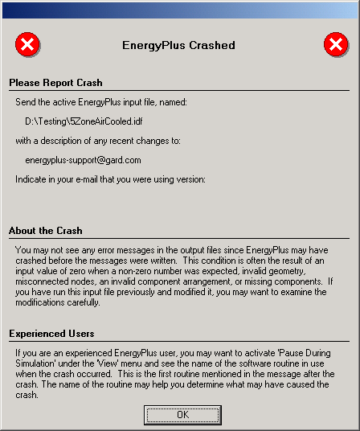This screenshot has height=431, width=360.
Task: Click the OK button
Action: point(182,414)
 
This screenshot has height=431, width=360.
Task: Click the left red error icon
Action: point(27,45)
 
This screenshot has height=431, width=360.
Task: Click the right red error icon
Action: point(335,45)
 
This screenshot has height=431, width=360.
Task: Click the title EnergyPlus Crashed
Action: point(178,46)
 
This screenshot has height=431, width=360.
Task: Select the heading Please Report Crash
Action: point(55,83)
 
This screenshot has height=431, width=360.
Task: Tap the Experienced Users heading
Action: point(51,333)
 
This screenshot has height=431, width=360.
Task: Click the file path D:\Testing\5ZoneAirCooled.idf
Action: point(84,121)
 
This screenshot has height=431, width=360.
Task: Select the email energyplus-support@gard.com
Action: point(84,160)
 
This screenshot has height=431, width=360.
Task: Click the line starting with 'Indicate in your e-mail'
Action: point(111,179)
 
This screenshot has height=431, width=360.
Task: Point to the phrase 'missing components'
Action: point(269,282)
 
